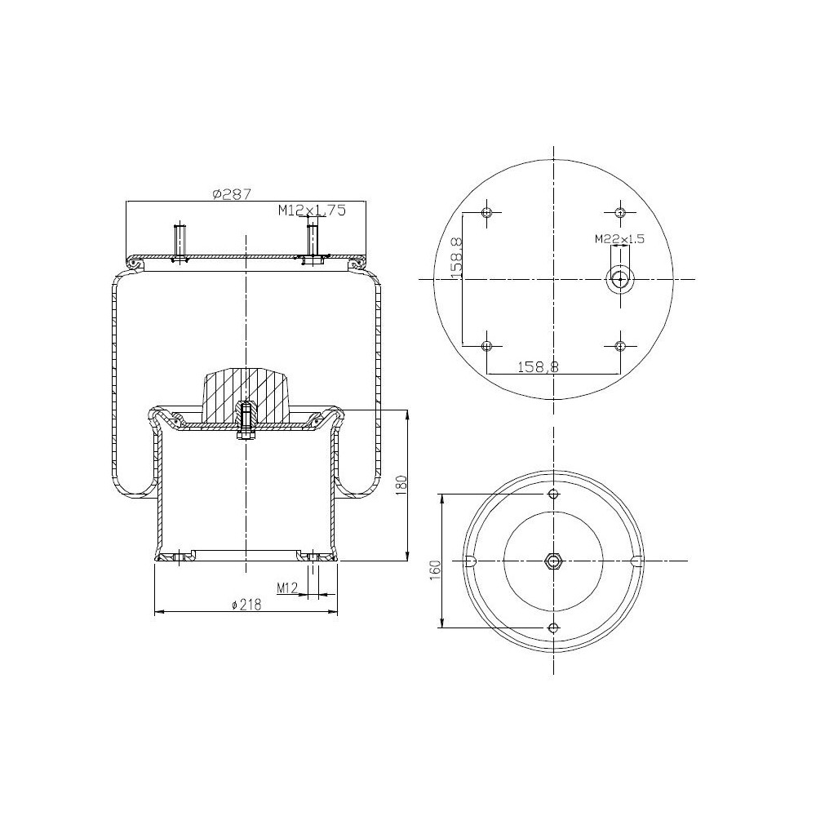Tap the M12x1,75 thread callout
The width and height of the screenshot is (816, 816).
[312, 211]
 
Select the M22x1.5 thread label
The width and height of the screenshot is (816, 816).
[619, 239]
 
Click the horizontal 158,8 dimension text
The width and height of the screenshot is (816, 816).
[538, 367]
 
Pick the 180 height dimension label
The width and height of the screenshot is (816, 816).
[400, 483]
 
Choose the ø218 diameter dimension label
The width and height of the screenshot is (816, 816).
[246, 605]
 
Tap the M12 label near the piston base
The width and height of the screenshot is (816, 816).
[286, 587]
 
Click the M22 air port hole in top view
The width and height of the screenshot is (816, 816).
[620, 280]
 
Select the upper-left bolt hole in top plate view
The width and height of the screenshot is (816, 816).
[487, 213]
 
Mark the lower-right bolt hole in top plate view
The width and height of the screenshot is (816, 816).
[620, 346]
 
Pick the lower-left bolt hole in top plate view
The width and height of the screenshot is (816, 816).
[487, 346]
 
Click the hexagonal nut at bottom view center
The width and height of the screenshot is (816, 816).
[554, 561]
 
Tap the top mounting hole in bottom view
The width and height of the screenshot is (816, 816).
[554, 494]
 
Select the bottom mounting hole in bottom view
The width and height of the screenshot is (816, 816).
[554, 628]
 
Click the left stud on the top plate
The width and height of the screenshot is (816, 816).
[180, 242]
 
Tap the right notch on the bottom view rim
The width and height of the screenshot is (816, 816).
[637, 561]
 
